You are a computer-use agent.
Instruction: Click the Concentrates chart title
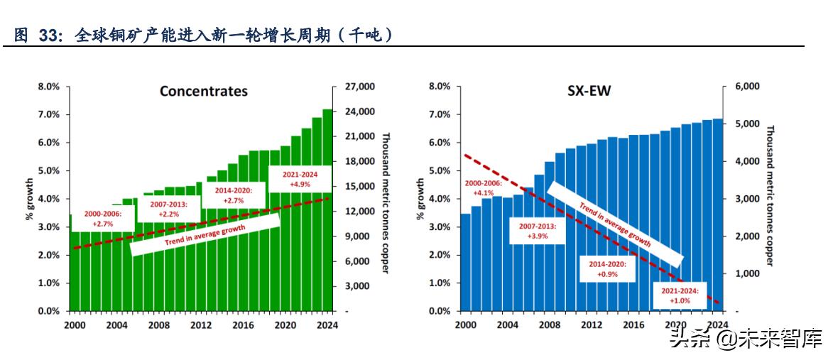[x=203, y=91]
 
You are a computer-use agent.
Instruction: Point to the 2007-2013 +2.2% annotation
[x=169, y=209]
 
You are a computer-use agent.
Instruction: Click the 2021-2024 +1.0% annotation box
[x=680, y=295]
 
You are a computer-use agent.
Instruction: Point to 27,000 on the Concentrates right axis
[x=359, y=87]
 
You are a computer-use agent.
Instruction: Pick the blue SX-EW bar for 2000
[x=465, y=262]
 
